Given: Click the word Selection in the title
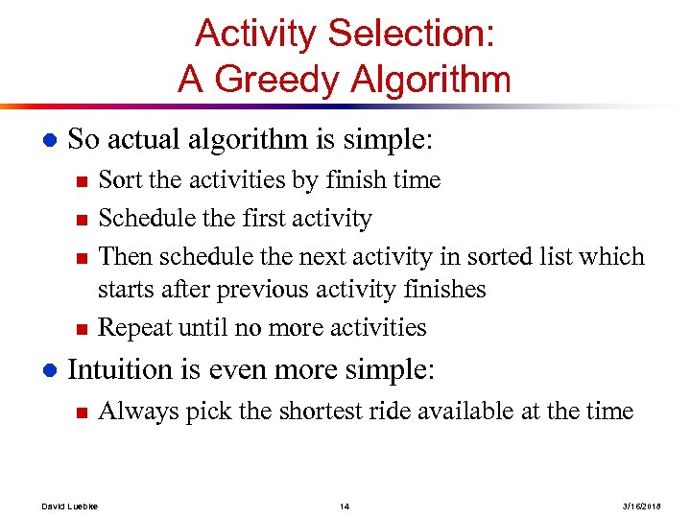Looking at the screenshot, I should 412,34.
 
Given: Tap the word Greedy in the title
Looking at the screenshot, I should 277,79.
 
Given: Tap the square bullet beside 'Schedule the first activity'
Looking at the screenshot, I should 81,220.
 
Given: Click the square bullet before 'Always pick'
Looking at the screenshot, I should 81,412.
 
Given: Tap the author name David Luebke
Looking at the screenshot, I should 71,505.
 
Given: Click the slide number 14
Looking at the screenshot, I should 345,505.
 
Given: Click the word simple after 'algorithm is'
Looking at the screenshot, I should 384,140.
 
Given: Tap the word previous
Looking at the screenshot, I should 258,289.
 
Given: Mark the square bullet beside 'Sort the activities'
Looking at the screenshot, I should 81,181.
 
